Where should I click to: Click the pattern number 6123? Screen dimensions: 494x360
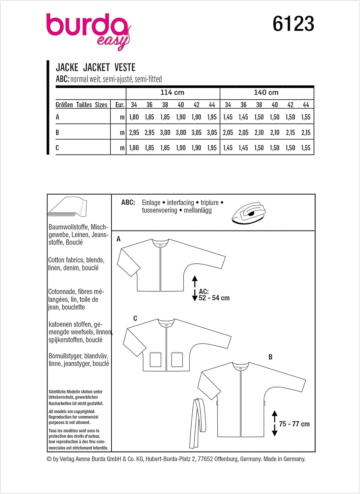(x=293, y=24)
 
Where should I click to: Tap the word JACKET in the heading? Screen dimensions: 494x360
(x=96, y=68)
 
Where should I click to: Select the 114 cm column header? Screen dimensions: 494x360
(x=172, y=93)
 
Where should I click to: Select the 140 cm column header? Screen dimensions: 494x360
(x=266, y=93)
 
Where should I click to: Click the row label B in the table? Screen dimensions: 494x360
(x=57, y=132)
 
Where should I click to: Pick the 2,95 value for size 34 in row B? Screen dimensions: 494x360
(x=134, y=132)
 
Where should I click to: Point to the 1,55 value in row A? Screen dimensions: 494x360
(x=306, y=117)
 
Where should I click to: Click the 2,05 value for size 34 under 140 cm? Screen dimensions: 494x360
(x=228, y=132)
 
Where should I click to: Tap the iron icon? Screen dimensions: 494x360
(x=249, y=213)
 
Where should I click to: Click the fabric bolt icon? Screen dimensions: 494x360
(x=67, y=207)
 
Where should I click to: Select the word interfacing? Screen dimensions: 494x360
(x=180, y=203)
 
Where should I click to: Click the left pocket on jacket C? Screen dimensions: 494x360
(x=155, y=360)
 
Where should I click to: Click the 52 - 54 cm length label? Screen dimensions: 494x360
(x=214, y=298)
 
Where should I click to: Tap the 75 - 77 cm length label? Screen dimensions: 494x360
(x=294, y=424)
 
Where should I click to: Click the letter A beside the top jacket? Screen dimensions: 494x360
(x=119, y=239)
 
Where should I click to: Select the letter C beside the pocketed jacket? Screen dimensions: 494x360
(x=135, y=318)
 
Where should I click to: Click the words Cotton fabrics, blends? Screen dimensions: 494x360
(x=76, y=260)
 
